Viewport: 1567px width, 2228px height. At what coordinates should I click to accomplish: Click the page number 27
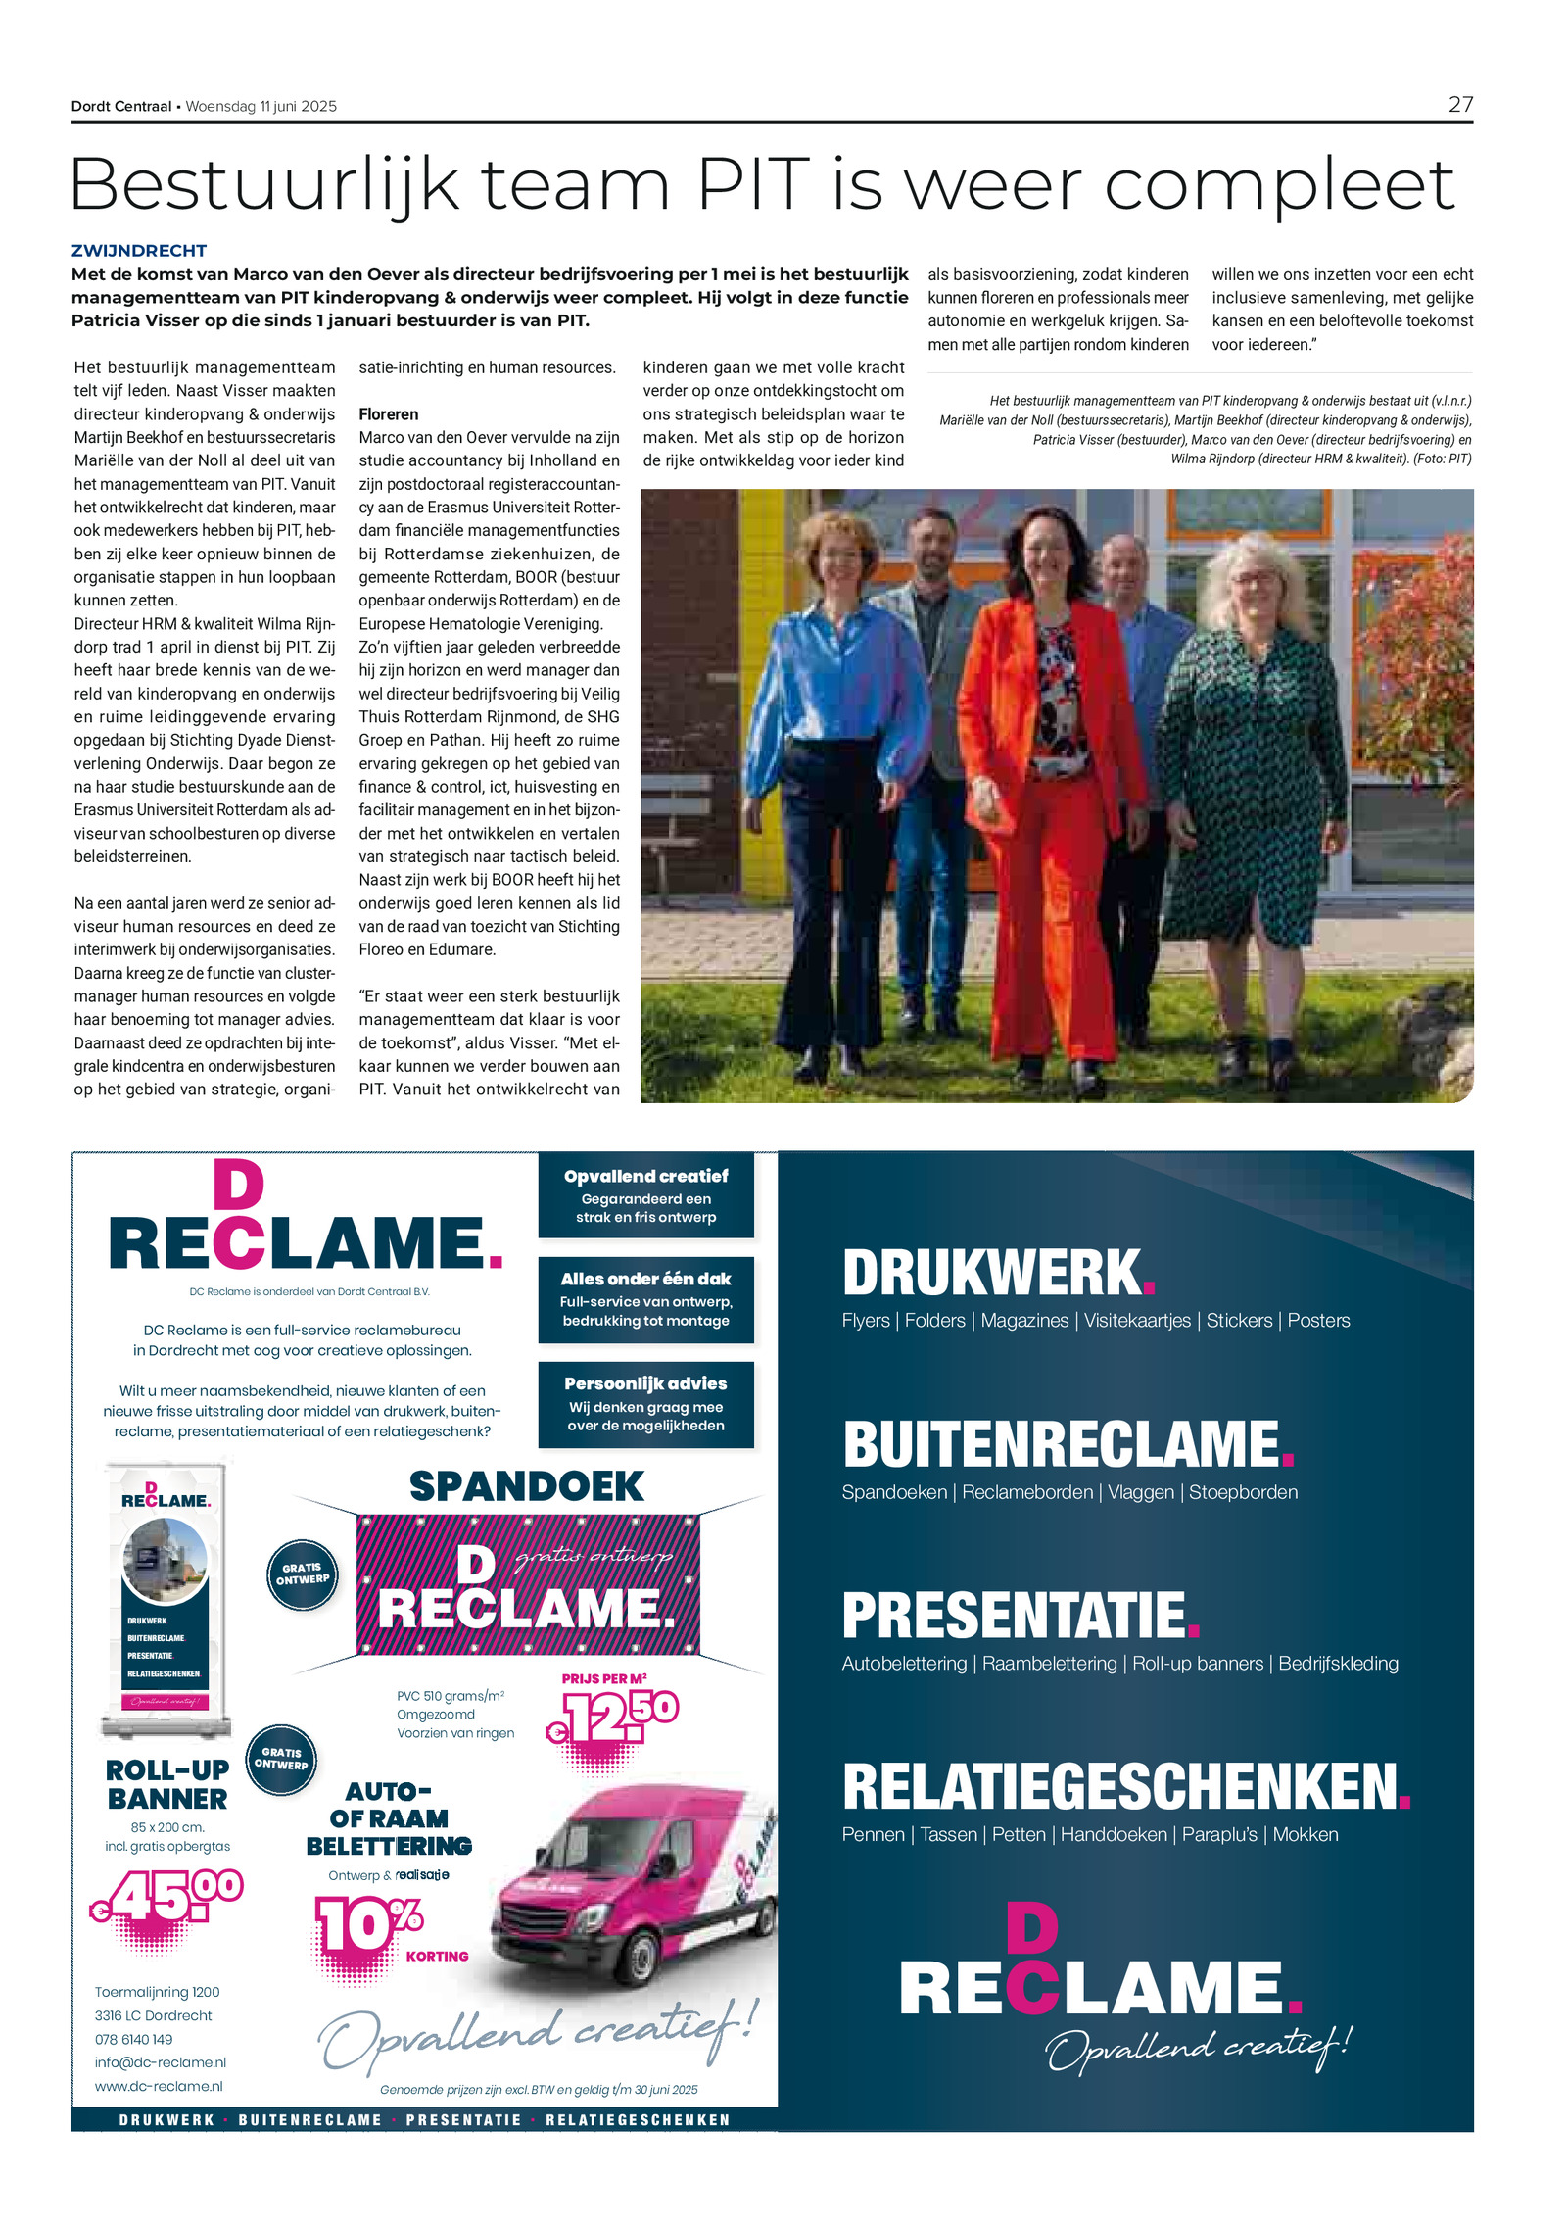1459,105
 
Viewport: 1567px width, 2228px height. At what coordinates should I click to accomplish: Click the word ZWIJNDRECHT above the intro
139,251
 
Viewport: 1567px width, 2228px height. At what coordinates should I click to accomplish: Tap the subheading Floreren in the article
388,414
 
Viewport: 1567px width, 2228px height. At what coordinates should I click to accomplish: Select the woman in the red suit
1048,774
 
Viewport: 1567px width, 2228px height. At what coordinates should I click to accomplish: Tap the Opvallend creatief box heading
645,1176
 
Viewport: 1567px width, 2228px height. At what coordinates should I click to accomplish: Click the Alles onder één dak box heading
645,1279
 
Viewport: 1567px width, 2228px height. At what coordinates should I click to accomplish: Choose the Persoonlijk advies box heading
645,1383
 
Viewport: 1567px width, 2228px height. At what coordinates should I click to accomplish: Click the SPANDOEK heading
527,1486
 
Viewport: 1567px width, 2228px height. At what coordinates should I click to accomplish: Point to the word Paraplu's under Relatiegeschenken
1219,1834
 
